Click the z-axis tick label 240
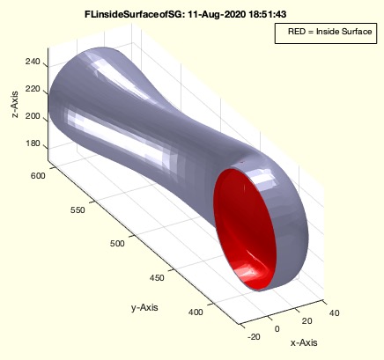pos(33,62)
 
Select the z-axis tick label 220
pos(33,89)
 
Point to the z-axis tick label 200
pos(33,116)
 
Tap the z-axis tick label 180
pos(33,143)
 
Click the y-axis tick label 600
pos(38,176)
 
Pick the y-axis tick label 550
pos(78,210)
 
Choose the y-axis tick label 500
pos(117,243)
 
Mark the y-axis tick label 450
pos(157,277)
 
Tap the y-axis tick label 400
pos(196,312)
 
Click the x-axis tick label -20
pos(254,337)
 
